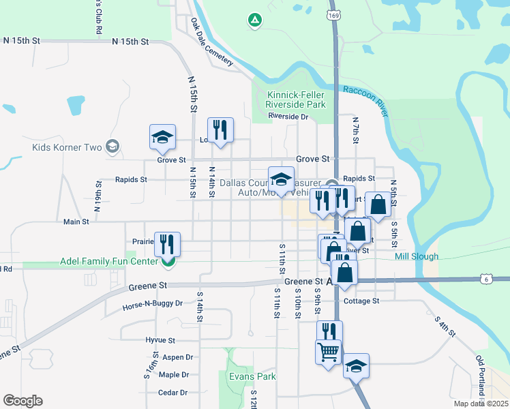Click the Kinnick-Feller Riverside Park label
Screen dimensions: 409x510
tap(296, 100)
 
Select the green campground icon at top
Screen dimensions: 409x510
tap(254, 20)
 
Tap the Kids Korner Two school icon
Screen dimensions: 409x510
tap(112, 147)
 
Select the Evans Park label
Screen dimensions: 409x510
tap(253, 376)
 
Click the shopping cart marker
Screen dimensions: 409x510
tap(328, 353)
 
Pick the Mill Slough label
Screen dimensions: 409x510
tap(417, 256)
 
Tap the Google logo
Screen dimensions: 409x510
tap(22, 401)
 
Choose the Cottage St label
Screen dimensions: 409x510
tap(361, 301)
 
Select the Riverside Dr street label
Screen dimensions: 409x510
tap(288, 117)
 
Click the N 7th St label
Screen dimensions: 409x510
tap(355, 130)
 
